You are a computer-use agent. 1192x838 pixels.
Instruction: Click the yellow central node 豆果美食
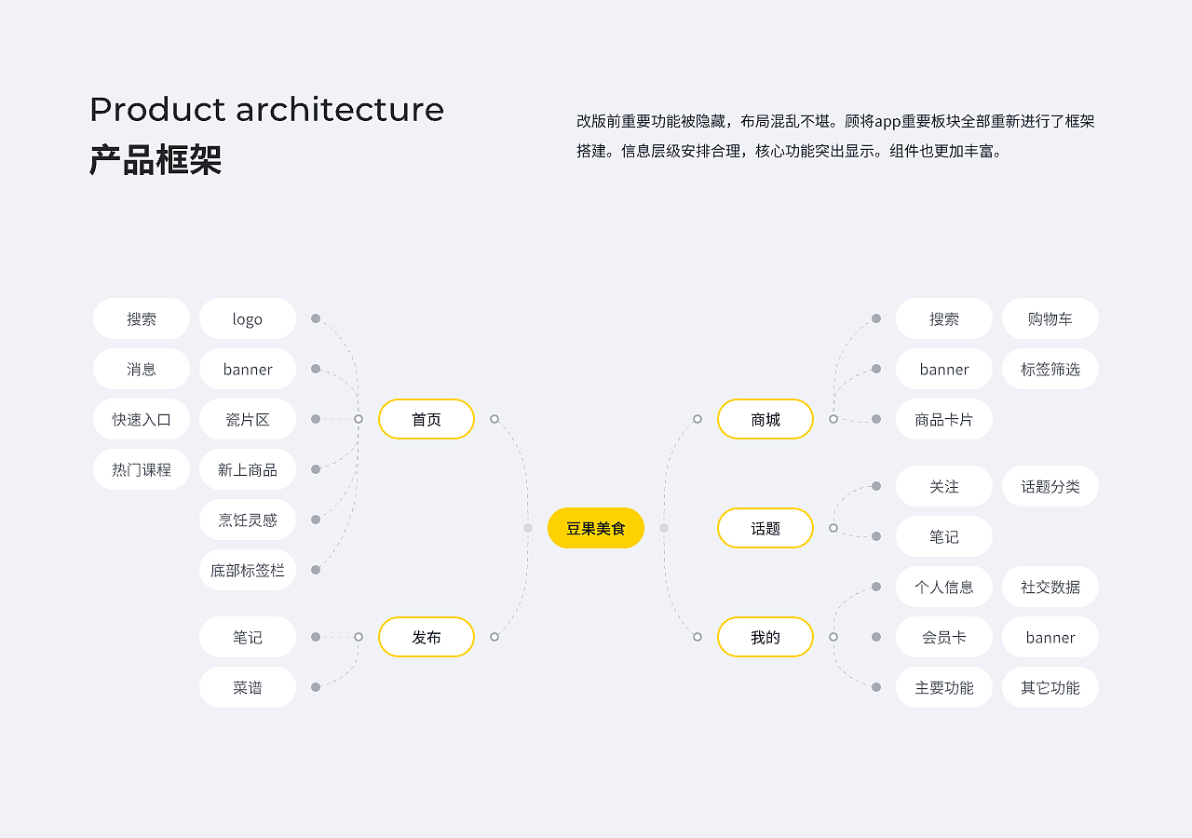pyautogui.click(x=596, y=528)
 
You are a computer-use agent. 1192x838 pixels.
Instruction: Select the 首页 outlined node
pyautogui.click(x=427, y=419)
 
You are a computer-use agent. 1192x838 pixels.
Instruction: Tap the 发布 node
pyautogui.click(x=427, y=637)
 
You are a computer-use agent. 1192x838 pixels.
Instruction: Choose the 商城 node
pyautogui.click(x=765, y=419)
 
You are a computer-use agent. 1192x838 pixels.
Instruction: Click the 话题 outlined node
pyautogui.click(x=765, y=528)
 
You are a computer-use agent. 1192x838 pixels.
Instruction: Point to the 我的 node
pyautogui.click(x=765, y=637)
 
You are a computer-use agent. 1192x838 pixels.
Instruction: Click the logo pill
pyautogui.click(x=248, y=318)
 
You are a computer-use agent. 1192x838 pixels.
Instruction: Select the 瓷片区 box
pyautogui.click(x=248, y=419)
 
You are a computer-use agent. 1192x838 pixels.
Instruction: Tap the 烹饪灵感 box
pyautogui.click(x=248, y=520)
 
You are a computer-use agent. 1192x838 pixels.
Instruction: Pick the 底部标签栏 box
pyautogui.click(x=248, y=570)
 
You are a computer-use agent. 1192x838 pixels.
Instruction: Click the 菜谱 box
pyautogui.click(x=248, y=687)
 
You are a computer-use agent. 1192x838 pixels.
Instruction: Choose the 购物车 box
pyautogui.click(x=1050, y=318)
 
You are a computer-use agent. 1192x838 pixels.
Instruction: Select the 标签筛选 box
pyautogui.click(x=1050, y=369)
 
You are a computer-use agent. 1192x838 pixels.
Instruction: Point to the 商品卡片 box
pyautogui.click(x=944, y=419)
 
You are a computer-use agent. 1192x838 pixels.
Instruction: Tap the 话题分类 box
pyautogui.click(x=1050, y=486)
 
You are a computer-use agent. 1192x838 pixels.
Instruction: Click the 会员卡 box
pyautogui.click(x=944, y=637)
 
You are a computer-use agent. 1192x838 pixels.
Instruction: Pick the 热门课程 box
pyautogui.click(x=142, y=469)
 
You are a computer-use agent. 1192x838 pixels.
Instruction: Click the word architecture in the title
pyautogui.click(x=340, y=110)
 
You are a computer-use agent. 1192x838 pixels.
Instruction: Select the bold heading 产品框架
pyautogui.click(x=156, y=160)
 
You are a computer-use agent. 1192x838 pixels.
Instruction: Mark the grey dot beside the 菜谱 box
pyautogui.click(x=316, y=687)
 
